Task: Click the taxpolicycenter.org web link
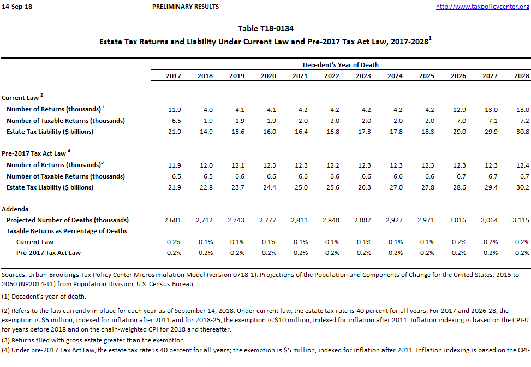click(x=482, y=7)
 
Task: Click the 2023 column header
click(x=363, y=76)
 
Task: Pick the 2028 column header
click(x=522, y=76)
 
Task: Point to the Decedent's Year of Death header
click(x=341, y=65)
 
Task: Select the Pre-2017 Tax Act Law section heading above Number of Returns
click(x=34, y=153)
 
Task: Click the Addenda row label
click(x=15, y=209)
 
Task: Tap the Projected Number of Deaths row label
click(x=67, y=220)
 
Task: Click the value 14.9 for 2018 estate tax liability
click(x=205, y=132)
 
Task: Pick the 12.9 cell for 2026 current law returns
click(x=458, y=110)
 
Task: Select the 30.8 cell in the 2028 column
click(x=522, y=132)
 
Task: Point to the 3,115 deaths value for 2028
click(x=521, y=220)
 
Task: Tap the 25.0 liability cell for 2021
click(x=300, y=187)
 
